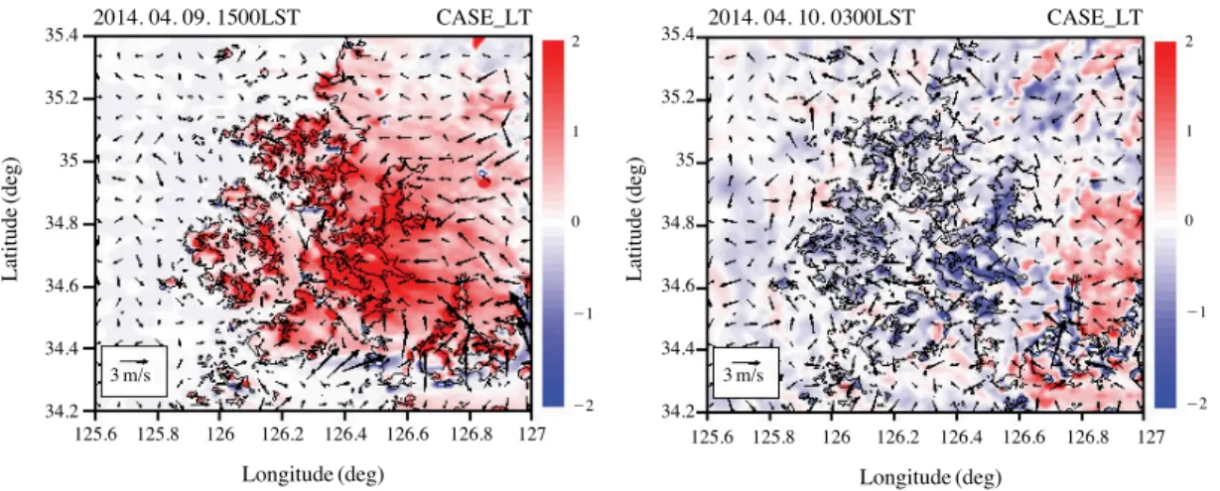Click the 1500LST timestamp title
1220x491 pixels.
point(197,18)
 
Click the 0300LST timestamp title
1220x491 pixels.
point(811,18)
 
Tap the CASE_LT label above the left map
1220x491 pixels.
point(483,18)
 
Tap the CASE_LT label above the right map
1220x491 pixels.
point(1095,18)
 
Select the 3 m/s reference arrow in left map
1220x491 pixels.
point(134,361)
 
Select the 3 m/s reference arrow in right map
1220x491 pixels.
point(746,362)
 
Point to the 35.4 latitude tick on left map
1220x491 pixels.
point(61,35)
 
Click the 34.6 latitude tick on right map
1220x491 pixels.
point(678,286)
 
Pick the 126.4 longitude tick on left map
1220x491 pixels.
point(344,434)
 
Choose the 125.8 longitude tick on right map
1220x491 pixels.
point(773,436)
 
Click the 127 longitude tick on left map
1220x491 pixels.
point(532,434)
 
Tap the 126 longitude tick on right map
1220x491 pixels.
point(836,436)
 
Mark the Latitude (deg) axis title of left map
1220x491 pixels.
point(10,220)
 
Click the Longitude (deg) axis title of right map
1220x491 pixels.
point(931,477)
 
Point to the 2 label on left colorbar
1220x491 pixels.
point(576,42)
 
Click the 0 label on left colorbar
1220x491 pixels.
point(576,221)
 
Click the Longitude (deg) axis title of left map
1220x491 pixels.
point(313,475)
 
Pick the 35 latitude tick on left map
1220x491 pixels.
point(68,161)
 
